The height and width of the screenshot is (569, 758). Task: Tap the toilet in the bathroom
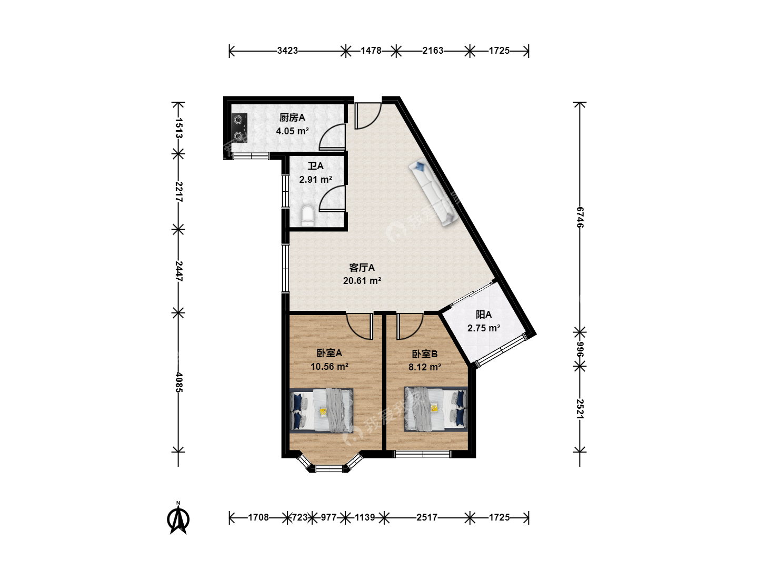point(307,216)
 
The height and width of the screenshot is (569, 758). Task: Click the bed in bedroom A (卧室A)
point(322,410)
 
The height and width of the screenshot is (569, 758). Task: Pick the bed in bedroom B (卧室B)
point(436,409)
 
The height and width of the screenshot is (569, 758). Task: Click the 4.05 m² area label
point(292,131)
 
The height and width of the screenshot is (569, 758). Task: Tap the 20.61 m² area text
point(362,281)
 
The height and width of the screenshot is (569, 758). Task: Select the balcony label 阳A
point(483,315)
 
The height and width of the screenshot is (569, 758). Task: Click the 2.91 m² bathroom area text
point(316,180)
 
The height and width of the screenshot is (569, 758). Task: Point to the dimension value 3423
point(287,51)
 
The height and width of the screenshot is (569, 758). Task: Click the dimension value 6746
point(580,217)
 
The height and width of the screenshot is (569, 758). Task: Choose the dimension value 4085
point(178,382)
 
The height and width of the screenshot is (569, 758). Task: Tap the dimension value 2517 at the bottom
point(427,517)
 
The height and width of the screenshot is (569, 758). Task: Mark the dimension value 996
point(580,349)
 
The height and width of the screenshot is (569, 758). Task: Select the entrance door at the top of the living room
point(368,115)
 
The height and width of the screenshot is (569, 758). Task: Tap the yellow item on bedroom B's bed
point(434,408)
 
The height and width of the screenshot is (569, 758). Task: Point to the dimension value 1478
point(371,51)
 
